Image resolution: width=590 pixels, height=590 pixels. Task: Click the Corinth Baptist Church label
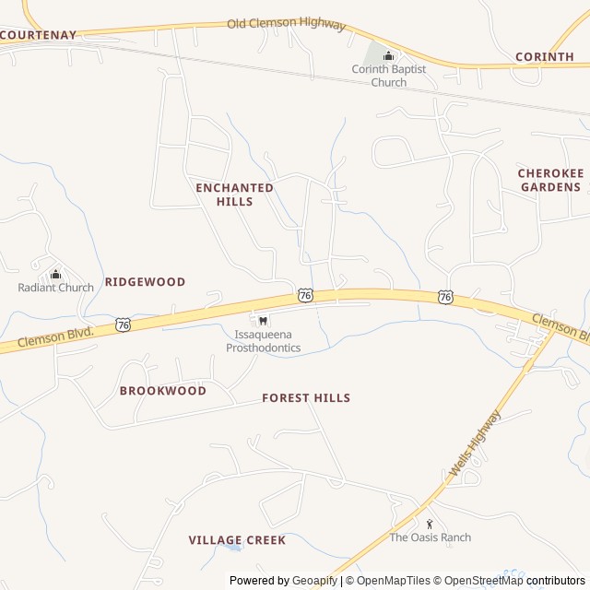coord(388,76)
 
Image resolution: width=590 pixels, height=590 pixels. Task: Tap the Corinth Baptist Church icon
coord(388,56)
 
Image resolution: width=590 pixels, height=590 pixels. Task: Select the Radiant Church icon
coord(55,274)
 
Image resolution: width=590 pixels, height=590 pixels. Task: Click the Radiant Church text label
coord(56,288)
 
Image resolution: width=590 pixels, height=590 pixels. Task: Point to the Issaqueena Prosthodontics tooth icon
coord(264,320)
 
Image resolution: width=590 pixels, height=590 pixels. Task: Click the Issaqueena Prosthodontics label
coord(264,341)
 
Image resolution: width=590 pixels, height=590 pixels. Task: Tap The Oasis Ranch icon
coord(430,524)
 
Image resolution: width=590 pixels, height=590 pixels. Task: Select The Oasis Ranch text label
coord(430,537)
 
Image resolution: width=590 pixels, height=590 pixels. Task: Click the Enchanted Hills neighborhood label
coord(234,194)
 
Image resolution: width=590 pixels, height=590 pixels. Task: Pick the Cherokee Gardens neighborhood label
coord(549,180)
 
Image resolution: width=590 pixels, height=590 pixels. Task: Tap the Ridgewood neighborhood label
coord(145,281)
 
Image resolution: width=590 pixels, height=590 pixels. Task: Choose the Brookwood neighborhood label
coord(162,391)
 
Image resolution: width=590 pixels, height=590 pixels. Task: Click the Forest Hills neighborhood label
coord(306,398)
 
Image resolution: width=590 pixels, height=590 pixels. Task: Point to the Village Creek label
coord(237,540)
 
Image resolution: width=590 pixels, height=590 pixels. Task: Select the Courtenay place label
coord(38,35)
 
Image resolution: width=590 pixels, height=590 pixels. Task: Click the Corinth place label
coord(544,56)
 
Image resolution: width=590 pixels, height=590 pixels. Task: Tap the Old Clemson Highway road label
coord(286,23)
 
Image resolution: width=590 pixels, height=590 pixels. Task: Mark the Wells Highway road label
coord(475,443)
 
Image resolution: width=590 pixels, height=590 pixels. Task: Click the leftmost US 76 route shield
coord(124,324)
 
